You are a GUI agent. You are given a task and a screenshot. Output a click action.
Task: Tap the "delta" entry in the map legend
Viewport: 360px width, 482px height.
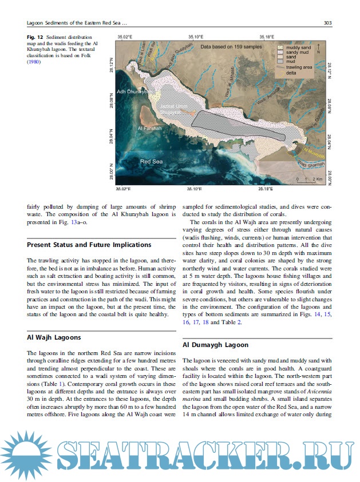[290, 73]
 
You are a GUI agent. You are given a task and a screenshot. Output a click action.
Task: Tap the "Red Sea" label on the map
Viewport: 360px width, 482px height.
[152, 162]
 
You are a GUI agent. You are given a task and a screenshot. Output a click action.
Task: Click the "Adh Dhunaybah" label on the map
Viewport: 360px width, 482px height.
[133, 91]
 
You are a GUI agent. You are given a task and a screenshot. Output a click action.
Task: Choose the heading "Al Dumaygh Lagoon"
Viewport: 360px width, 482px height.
[215, 345]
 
